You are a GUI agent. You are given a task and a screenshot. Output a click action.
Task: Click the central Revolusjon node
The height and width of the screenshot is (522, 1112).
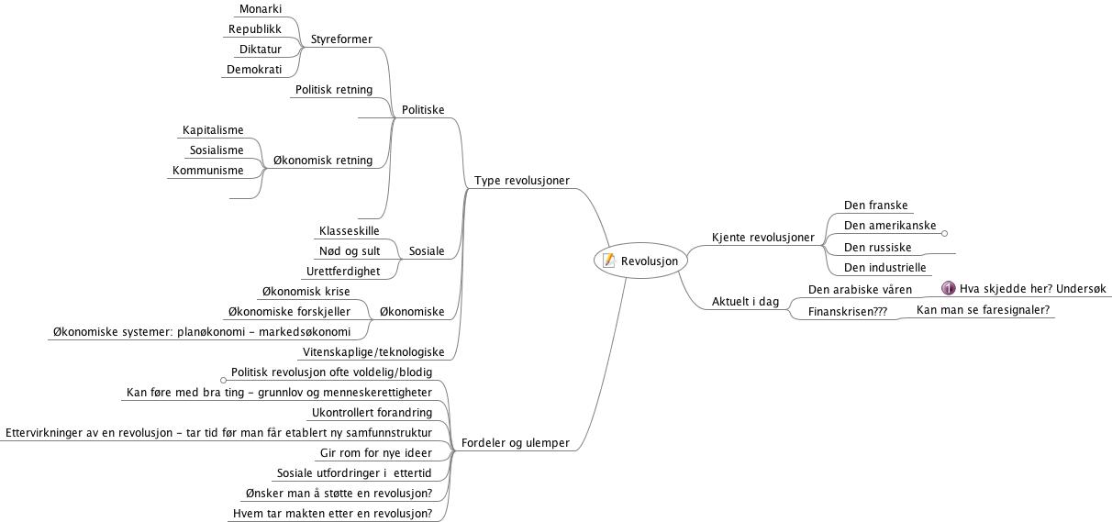coord(640,261)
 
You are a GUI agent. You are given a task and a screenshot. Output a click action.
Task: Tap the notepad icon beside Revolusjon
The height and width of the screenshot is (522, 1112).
coord(608,260)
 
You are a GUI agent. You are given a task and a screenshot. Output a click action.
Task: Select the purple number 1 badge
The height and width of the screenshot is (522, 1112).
coord(948,288)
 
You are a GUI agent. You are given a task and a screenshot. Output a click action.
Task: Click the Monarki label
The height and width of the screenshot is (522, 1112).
coord(261,9)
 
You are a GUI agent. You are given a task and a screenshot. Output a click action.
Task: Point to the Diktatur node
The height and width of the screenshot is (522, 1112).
coord(261,50)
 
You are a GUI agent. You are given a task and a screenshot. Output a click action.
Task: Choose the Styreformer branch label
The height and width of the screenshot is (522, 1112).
coord(341,39)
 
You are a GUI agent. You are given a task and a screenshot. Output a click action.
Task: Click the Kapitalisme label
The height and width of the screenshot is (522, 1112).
coord(213,130)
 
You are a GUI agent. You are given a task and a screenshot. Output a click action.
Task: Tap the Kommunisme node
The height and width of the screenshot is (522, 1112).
coord(207,171)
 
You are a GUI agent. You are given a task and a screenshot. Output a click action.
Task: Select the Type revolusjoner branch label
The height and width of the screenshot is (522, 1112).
coord(522,181)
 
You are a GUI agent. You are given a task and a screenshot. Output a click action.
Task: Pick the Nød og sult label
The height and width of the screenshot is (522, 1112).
coord(350,251)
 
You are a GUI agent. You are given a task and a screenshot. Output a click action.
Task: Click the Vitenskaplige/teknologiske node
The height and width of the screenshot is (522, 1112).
coord(373,352)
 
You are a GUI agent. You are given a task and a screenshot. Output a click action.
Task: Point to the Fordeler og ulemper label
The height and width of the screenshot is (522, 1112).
coord(516,442)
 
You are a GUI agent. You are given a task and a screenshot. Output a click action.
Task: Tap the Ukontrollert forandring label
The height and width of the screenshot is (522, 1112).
coord(372,412)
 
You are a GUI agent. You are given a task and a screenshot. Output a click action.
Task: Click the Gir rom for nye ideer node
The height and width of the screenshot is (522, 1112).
coord(376,452)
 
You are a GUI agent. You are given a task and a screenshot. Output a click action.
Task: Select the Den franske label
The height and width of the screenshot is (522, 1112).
coord(875,205)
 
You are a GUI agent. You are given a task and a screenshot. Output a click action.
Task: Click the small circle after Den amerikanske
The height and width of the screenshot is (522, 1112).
coord(945,233)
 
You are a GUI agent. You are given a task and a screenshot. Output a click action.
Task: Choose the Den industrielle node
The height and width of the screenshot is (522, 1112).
coord(885,268)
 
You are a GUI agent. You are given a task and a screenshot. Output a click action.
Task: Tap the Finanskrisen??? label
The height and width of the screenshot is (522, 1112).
coord(848,312)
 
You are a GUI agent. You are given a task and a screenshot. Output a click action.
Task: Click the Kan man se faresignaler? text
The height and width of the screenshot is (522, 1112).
coord(983,310)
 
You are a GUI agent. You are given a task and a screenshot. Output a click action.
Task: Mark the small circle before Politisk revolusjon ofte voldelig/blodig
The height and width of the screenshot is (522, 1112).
coord(223,380)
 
